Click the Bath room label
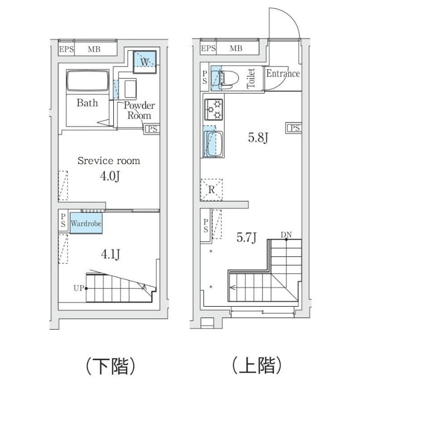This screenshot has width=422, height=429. tap(87, 102)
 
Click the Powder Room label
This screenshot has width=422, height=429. tap(139, 110)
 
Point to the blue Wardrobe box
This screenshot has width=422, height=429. tap(85, 223)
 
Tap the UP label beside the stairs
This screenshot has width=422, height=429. tap(78, 289)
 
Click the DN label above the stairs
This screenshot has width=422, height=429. tap(286, 235)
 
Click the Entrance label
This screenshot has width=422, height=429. tap(282, 73)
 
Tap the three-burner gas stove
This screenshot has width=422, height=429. tap(213, 109)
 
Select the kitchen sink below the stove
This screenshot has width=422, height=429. tap(213, 143)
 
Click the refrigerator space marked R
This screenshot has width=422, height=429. tap(212, 189)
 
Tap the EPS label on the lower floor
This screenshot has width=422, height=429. tap(67, 49)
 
